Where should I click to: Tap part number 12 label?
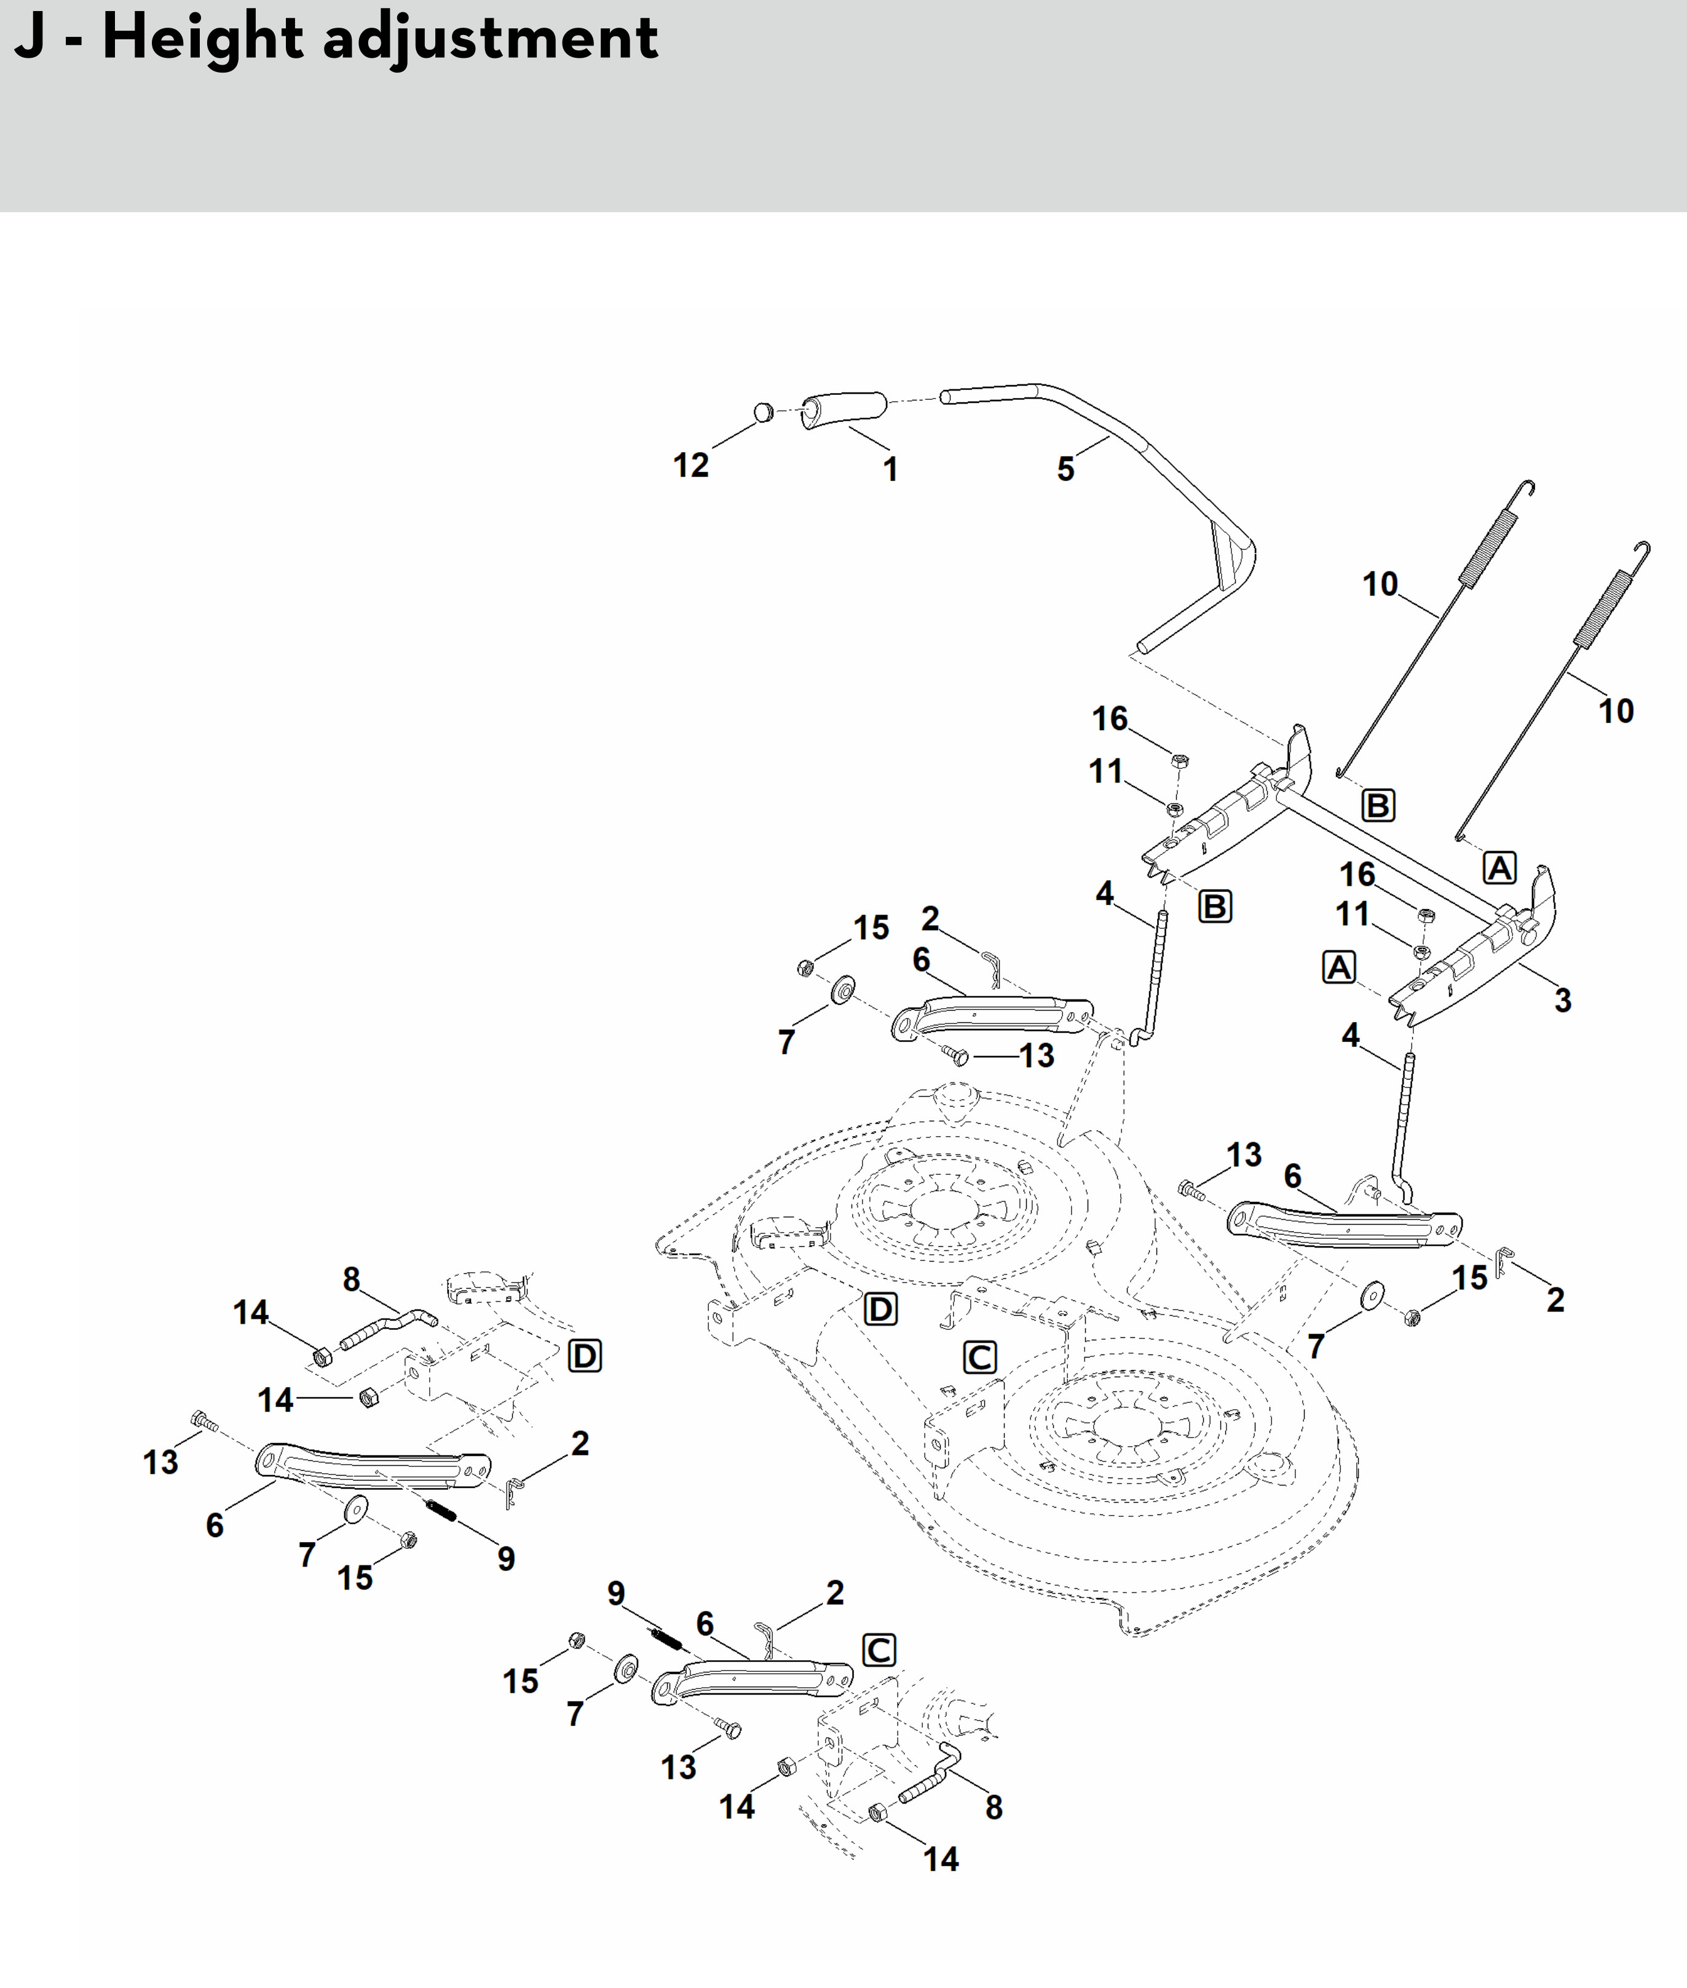click(x=690, y=465)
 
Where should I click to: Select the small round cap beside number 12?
click(x=763, y=412)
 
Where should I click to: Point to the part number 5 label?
click(x=1065, y=469)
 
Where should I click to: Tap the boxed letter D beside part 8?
click(x=584, y=1356)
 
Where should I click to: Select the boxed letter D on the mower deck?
click(x=880, y=1309)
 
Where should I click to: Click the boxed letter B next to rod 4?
click(x=1215, y=906)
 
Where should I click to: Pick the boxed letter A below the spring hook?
click(x=1499, y=868)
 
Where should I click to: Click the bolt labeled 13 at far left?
click(x=203, y=1421)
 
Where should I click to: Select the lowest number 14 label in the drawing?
click(x=940, y=1859)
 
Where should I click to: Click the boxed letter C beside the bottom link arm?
click(x=879, y=1650)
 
